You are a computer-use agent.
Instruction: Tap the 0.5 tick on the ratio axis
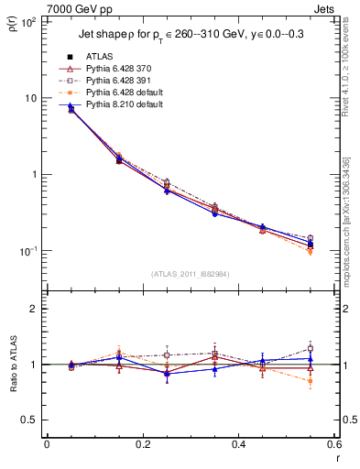click(29, 420)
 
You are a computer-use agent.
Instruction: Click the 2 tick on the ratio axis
click(33, 309)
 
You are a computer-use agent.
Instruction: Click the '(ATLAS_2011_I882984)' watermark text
click(191, 274)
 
